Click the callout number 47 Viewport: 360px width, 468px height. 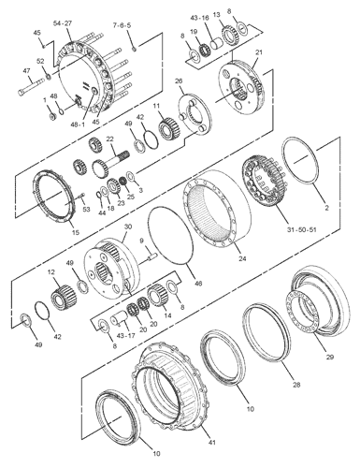[x=26, y=71]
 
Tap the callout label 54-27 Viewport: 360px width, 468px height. [x=63, y=23]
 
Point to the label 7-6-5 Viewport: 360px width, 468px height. [x=122, y=25]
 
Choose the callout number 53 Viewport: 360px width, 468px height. [x=86, y=209]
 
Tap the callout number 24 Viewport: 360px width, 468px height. [x=242, y=258]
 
